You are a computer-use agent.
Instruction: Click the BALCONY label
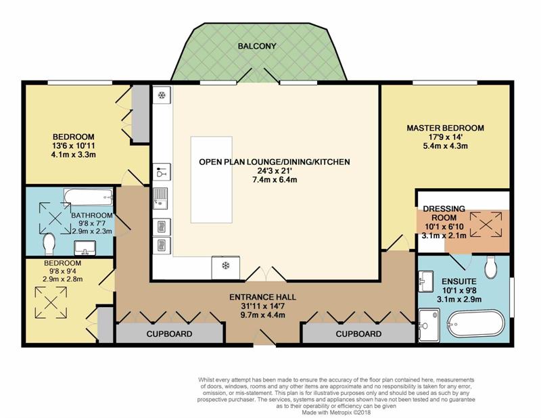(257, 46)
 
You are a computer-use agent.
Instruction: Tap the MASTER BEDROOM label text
(445, 128)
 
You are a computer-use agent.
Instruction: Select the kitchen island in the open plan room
(211, 179)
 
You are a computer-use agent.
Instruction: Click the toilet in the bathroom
(49, 243)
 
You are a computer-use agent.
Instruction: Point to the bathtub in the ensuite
(475, 323)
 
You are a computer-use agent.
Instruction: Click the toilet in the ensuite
(491, 266)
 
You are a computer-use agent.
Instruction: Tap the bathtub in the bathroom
(89, 198)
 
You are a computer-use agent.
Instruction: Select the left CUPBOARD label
(169, 333)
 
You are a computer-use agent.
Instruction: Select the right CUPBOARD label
(358, 333)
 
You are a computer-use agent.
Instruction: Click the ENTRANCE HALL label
(262, 297)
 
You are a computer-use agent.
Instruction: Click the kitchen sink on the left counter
(160, 198)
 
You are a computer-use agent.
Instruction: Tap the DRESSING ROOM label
(444, 213)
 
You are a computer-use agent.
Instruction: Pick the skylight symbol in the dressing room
(486, 225)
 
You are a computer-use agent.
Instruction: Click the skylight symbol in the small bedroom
(51, 303)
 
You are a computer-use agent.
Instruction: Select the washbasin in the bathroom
(85, 248)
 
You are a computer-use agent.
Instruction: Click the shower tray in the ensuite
(429, 325)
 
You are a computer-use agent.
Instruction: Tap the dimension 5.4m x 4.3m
(445, 145)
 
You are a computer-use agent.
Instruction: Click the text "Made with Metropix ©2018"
(336, 412)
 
